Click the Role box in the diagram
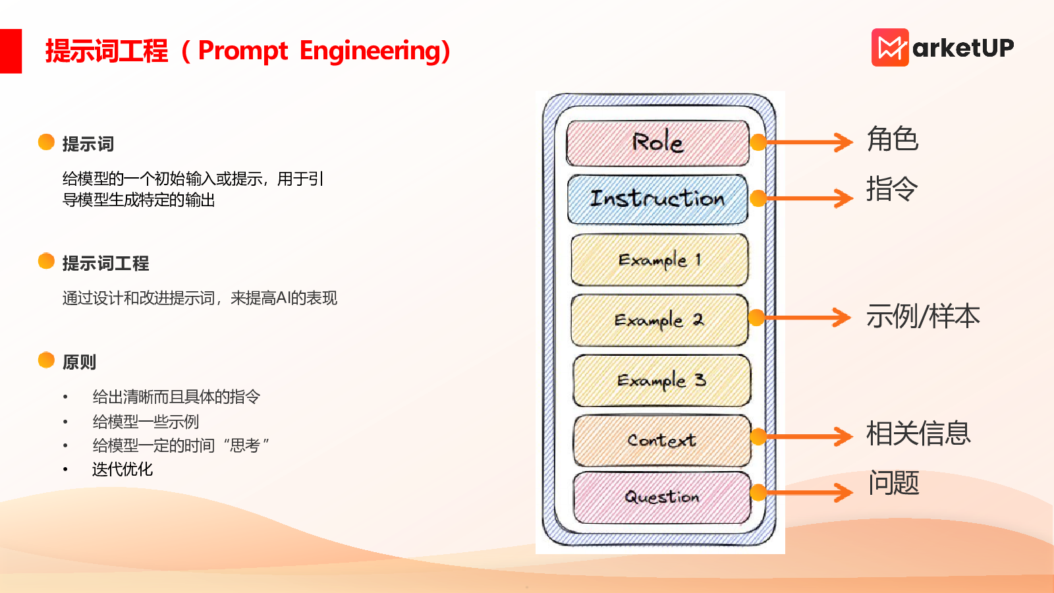click(657, 143)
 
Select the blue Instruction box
click(657, 199)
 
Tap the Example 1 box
click(659, 260)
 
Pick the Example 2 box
click(659, 320)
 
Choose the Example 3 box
click(661, 380)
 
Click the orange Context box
click(662, 441)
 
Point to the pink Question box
click(662, 497)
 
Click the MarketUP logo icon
click(890, 47)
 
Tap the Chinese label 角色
click(892, 139)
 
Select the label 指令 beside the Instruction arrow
click(892, 188)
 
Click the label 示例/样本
click(923, 316)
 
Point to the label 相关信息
click(918, 434)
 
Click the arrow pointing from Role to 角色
click(806, 142)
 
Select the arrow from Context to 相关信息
click(806, 437)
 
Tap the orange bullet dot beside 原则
click(46, 360)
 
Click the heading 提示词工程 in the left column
click(106, 263)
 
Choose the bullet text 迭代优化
click(123, 469)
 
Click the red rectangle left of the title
click(11, 51)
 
